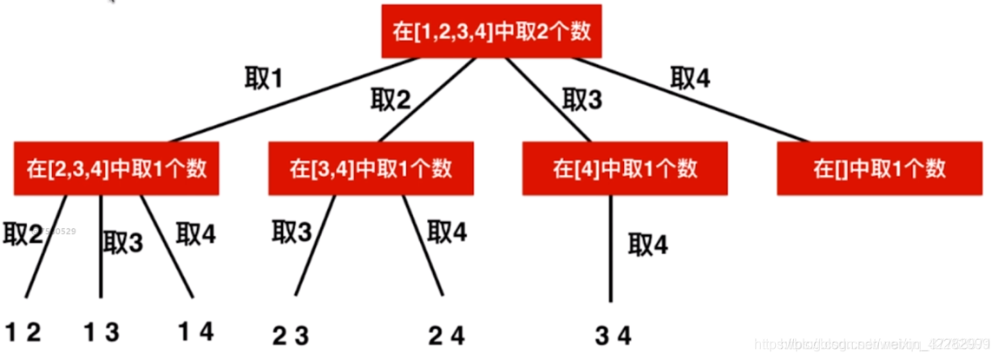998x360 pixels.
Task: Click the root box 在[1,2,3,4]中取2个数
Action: coord(491,32)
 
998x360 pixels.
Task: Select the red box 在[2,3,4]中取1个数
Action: coord(115,167)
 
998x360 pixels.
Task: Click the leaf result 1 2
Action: coord(23,331)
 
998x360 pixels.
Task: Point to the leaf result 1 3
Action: coord(102,331)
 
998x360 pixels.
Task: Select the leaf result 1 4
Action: coord(194,331)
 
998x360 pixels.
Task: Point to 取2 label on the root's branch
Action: coord(390,99)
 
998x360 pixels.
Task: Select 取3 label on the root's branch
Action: coord(581,99)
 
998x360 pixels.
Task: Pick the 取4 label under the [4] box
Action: coord(648,245)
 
